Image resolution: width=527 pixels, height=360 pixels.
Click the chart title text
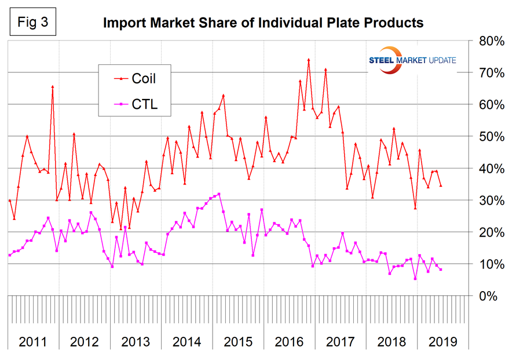click(x=263, y=23)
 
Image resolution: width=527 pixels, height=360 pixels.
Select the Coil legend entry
click(x=141, y=78)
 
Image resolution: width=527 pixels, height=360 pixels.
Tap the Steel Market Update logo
click(x=412, y=59)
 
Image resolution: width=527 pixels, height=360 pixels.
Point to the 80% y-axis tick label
click(x=490, y=41)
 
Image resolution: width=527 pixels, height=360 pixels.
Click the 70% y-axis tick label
click(x=490, y=73)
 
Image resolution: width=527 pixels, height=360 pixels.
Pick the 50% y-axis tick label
click(x=490, y=137)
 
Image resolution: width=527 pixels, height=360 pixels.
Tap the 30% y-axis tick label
click(x=490, y=200)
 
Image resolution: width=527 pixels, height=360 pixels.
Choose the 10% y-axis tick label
click(x=490, y=264)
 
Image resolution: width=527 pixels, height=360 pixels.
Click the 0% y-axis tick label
click(x=493, y=296)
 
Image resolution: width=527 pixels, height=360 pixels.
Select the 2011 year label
click(x=33, y=341)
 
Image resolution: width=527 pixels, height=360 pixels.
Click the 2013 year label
click(x=136, y=341)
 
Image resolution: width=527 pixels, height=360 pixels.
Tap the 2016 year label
click(x=289, y=341)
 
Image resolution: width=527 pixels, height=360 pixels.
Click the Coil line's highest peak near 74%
click(x=308, y=60)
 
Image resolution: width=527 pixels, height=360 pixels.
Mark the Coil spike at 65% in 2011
click(x=53, y=87)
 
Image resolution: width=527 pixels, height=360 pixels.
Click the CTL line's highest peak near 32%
click(x=218, y=194)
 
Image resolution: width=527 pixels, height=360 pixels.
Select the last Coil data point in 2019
click(x=441, y=186)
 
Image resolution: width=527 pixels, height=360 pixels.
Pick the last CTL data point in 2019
click(x=441, y=270)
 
